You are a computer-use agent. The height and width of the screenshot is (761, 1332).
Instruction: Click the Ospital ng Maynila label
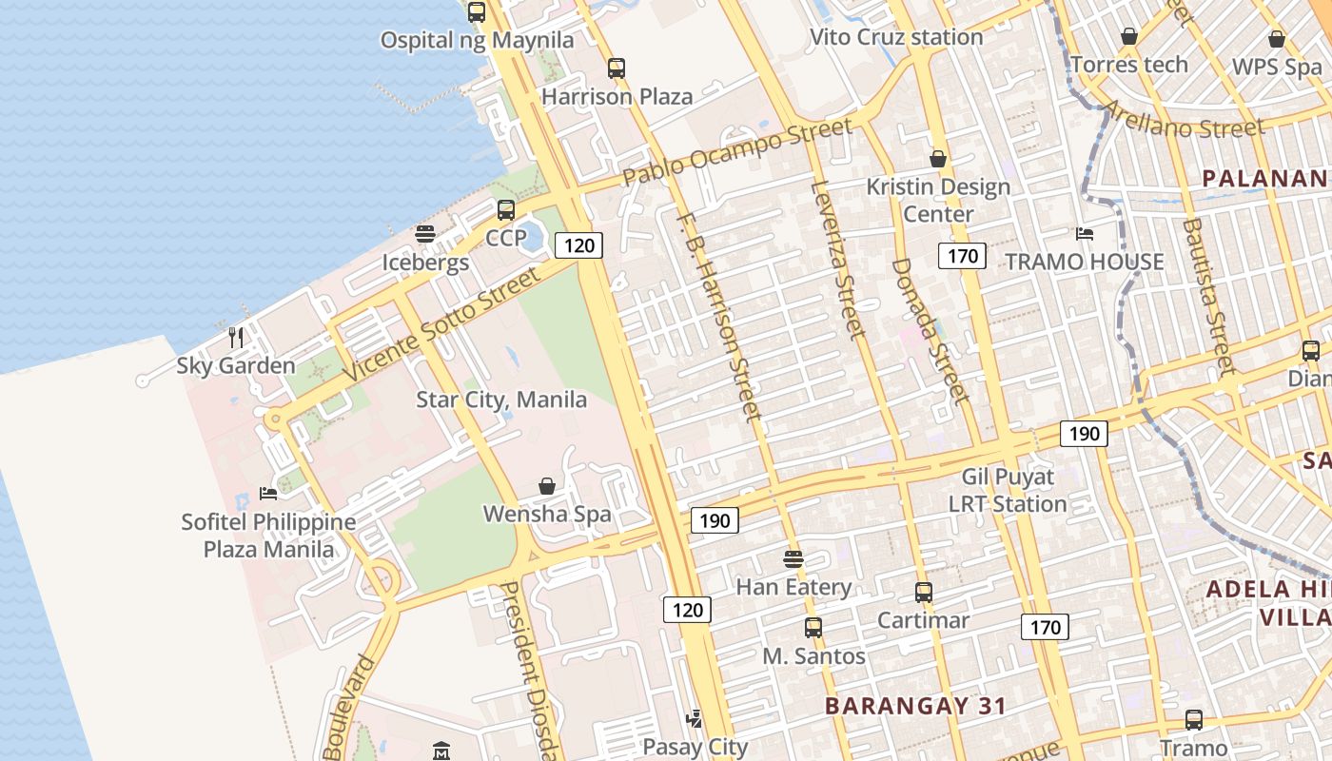click(x=477, y=40)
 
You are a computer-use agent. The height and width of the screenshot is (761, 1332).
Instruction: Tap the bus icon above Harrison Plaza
click(x=617, y=68)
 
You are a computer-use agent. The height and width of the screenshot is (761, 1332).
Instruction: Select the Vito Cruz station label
click(x=895, y=37)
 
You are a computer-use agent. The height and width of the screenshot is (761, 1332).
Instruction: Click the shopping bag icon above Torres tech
click(x=1129, y=37)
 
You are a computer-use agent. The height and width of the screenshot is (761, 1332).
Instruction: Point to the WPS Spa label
click(x=1277, y=68)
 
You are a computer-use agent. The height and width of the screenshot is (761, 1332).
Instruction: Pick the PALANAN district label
click(x=1264, y=178)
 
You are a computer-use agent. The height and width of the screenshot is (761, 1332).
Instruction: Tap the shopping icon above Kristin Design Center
click(x=938, y=159)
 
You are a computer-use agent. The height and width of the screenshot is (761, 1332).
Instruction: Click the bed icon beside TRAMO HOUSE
click(x=1085, y=233)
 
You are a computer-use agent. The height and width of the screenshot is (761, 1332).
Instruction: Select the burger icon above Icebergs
click(x=425, y=233)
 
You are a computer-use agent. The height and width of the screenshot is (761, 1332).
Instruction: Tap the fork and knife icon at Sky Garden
click(x=236, y=337)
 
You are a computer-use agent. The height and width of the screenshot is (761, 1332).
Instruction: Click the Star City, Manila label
click(x=501, y=399)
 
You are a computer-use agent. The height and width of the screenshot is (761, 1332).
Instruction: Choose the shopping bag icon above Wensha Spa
click(x=547, y=486)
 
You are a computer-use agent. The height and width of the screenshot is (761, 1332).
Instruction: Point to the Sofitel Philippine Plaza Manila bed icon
click(x=268, y=494)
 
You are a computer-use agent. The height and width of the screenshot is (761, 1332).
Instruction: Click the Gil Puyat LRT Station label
click(x=1008, y=490)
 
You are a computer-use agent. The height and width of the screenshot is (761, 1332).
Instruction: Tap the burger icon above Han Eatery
click(x=793, y=558)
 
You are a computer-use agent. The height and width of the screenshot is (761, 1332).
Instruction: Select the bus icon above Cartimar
click(x=923, y=593)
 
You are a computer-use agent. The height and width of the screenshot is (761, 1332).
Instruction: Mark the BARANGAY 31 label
click(x=915, y=706)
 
